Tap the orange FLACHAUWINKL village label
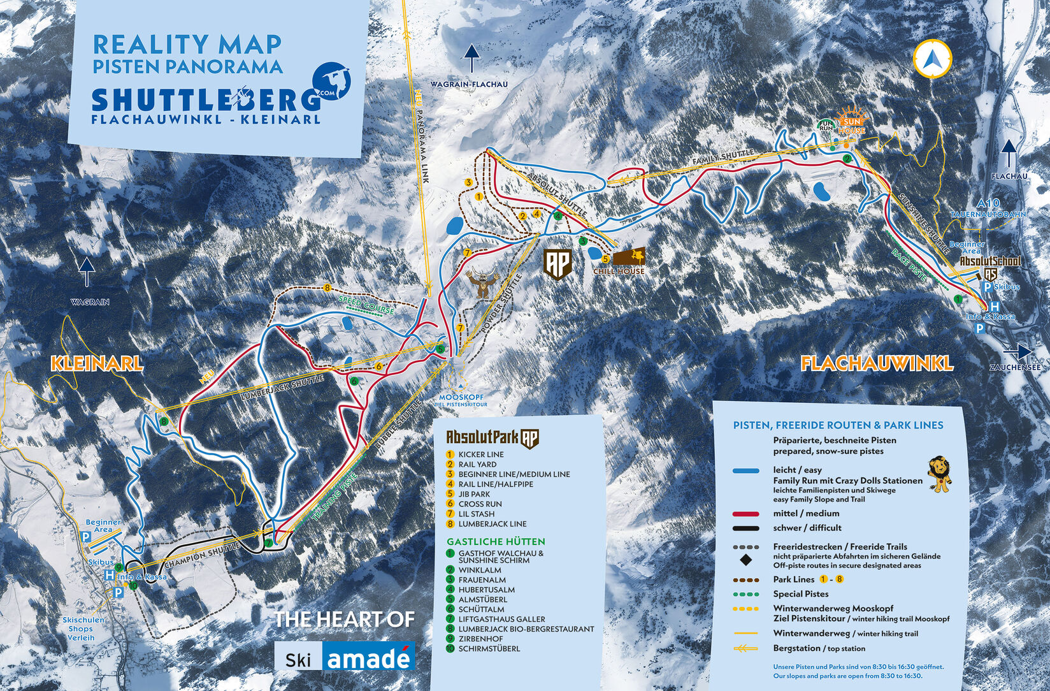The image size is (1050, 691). tap(877, 363)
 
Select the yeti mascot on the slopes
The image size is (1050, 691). tap(483, 284)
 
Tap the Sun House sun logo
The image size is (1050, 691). tap(852, 122)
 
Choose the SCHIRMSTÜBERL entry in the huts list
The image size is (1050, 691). tap(489, 648)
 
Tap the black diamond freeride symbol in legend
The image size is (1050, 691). tap(745, 561)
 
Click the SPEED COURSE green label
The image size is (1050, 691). tap(366, 305)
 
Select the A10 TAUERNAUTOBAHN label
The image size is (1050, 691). tap(987, 209)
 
